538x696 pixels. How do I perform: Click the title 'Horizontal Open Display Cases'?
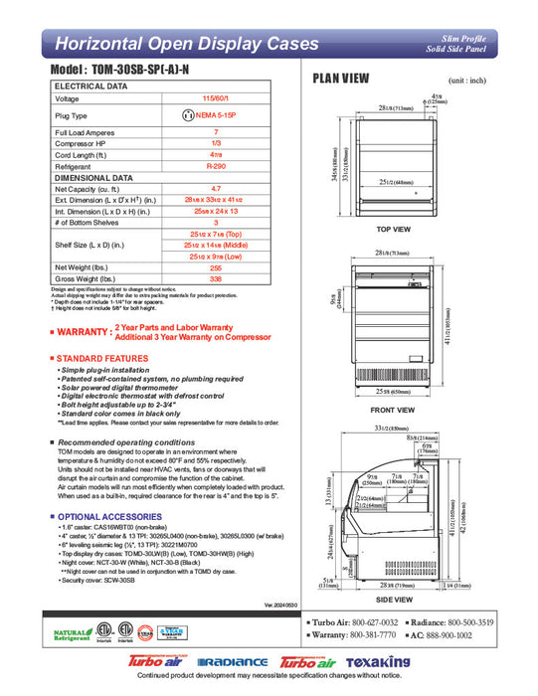pos(186,44)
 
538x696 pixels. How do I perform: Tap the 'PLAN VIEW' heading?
pos(342,79)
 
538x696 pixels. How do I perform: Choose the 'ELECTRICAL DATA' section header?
pos(90,87)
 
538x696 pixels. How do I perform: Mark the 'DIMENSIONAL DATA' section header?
pos(94,177)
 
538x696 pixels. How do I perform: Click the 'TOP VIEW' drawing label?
pos(395,230)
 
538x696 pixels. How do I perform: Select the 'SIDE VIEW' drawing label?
pos(395,600)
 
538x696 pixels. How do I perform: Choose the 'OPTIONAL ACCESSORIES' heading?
pos(105,517)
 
